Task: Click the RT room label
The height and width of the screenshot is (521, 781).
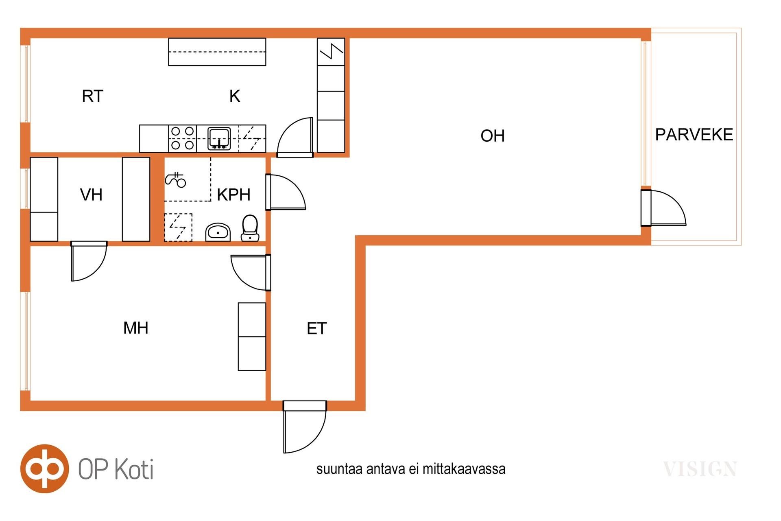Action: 92,96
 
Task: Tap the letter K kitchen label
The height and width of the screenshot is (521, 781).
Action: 235,96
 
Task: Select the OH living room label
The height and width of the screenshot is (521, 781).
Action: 493,136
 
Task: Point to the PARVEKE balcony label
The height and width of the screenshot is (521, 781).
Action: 694,134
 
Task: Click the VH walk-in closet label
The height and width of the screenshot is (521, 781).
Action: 91,195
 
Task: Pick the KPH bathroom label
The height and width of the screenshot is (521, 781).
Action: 233,195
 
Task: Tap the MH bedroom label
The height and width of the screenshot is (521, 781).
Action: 136,328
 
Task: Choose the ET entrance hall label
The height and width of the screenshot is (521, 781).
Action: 316,328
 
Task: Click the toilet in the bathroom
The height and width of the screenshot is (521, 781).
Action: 250,228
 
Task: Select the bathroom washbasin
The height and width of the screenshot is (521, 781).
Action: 218,232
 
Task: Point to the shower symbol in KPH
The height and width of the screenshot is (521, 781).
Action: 176,180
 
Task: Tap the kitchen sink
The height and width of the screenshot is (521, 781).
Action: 219,139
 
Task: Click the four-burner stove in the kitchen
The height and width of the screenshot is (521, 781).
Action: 183,138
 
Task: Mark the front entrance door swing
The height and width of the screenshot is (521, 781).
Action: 305,427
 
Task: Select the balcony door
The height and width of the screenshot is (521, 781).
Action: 663,208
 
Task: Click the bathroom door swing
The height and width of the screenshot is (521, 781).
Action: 286,192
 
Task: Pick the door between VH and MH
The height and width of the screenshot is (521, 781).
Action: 89,261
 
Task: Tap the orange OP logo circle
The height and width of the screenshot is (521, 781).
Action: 45,468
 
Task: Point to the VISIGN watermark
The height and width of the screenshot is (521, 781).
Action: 700,469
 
